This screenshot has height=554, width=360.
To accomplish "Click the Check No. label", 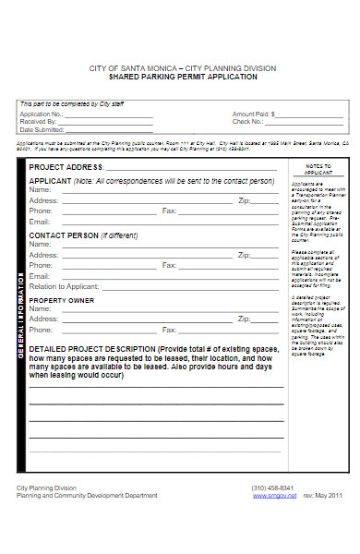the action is coord(247,121).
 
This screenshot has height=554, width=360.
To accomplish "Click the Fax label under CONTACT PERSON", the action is coord(169,265).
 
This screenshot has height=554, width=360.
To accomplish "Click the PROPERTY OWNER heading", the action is coord(61,300).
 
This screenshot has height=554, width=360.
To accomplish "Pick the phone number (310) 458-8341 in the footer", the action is coord(273,488).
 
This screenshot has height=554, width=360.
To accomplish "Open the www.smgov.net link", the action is coord(269,496).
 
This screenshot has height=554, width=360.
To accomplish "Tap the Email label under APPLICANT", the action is coord(39,222).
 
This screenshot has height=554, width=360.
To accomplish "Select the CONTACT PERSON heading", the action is coord(63,235).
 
